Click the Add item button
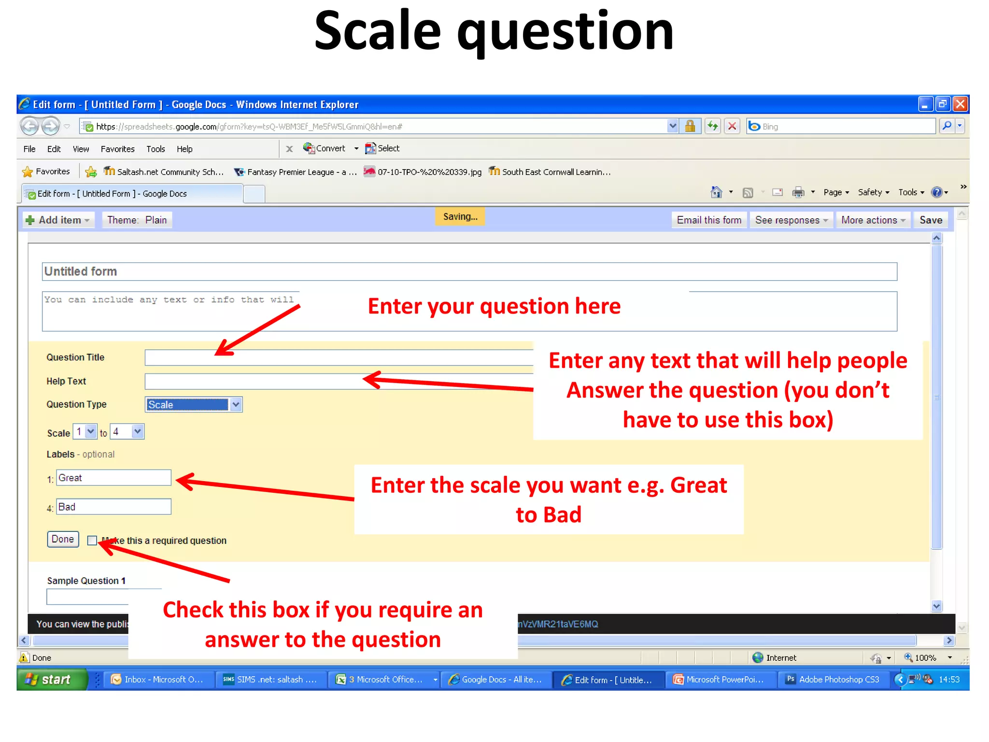point(58,220)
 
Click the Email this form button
point(708,220)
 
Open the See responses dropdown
point(791,220)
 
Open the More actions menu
point(872,220)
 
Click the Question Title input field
point(338,357)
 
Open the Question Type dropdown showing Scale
point(193,405)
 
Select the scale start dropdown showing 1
point(85,432)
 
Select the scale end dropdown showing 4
point(127,432)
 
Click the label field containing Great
point(113,478)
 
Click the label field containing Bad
point(113,507)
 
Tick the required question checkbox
point(92,541)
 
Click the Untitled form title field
point(469,271)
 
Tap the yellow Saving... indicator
point(460,217)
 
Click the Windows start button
point(51,680)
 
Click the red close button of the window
point(961,104)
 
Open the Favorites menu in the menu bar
point(117,149)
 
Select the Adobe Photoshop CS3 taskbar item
point(834,680)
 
